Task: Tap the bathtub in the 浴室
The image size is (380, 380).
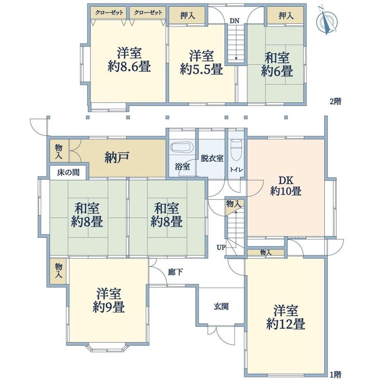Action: coord(181,147)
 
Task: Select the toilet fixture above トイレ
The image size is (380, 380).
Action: coord(236,150)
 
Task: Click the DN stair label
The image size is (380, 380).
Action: coord(234,21)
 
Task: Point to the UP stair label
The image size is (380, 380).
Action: coord(221,247)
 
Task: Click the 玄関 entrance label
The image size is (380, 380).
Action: coord(221,306)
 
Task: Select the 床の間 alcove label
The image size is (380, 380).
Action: coord(68,172)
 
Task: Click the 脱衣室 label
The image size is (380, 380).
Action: coord(212,158)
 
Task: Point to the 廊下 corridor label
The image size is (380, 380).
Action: coord(175,272)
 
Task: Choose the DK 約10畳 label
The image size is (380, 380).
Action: coord(286,186)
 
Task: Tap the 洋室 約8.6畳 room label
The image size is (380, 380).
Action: coord(129,59)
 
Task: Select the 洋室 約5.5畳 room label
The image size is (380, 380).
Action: coord(202,62)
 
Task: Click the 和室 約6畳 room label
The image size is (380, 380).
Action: coord(277,64)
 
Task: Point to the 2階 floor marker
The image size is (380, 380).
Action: coord(335,101)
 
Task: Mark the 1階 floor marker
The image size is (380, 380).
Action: coord(335,375)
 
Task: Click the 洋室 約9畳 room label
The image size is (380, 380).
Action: coord(109,300)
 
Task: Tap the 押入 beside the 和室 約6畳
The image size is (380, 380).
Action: coord(286,16)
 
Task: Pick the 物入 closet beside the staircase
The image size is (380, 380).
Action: coord(233,204)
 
